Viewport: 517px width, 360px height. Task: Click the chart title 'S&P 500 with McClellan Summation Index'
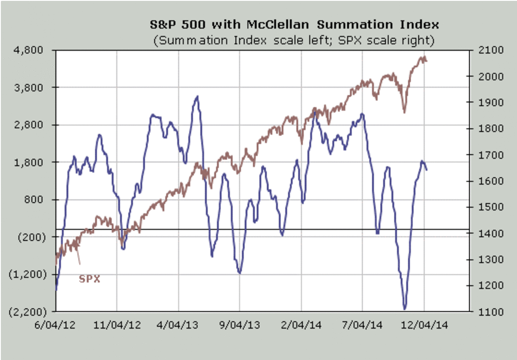tap(294, 24)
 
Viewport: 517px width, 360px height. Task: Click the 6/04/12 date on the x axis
tap(55, 325)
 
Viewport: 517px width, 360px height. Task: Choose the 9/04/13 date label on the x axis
tap(240, 325)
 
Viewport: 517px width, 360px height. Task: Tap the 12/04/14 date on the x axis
tap(425, 325)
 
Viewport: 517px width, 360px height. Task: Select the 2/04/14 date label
tap(301, 325)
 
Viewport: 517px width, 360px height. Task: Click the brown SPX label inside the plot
tap(89, 279)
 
